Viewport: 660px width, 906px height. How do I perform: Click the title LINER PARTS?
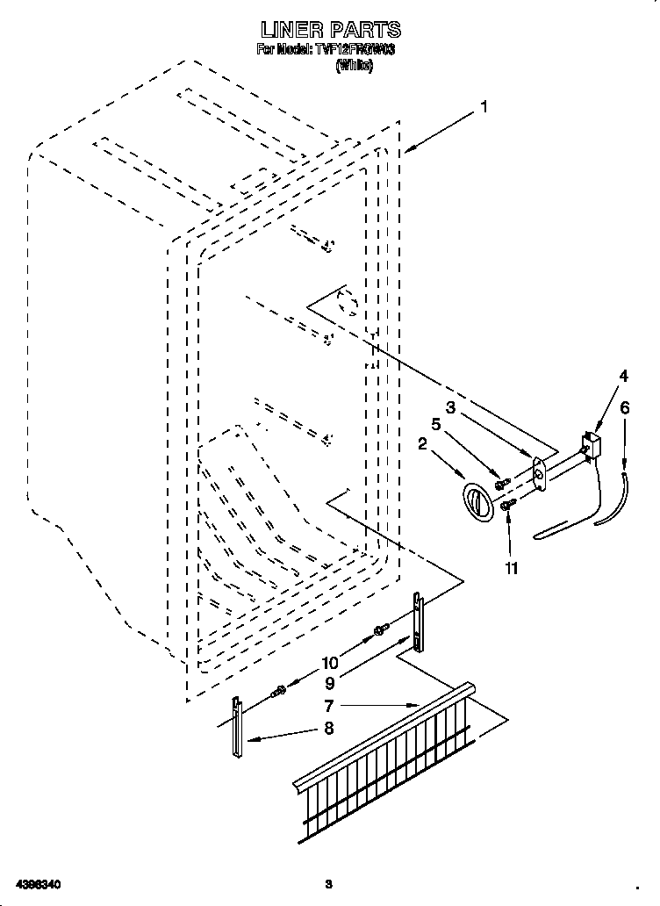(x=330, y=31)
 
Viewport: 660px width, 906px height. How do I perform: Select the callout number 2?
(x=422, y=445)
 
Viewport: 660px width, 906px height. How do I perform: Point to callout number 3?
(x=449, y=407)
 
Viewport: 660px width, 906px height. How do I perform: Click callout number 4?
(x=624, y=376)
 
